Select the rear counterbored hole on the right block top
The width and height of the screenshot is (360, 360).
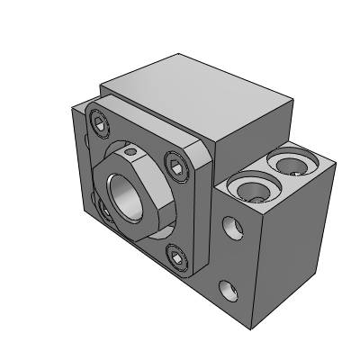click(x=292, y=164)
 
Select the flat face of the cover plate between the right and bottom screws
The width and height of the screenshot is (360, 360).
click(x=193, y=216)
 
